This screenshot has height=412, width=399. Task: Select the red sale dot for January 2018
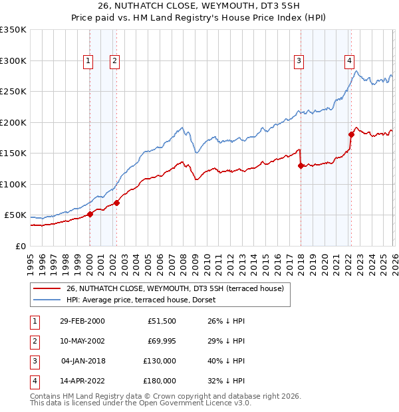click(301, 166)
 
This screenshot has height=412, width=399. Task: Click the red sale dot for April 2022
click(351, 135)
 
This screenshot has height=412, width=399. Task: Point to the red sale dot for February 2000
click(90, 214)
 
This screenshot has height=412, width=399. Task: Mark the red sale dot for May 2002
click(116, 203)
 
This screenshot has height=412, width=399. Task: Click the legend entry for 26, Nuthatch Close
click(175, 288)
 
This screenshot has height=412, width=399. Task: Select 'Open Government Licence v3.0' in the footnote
click(195, 403)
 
